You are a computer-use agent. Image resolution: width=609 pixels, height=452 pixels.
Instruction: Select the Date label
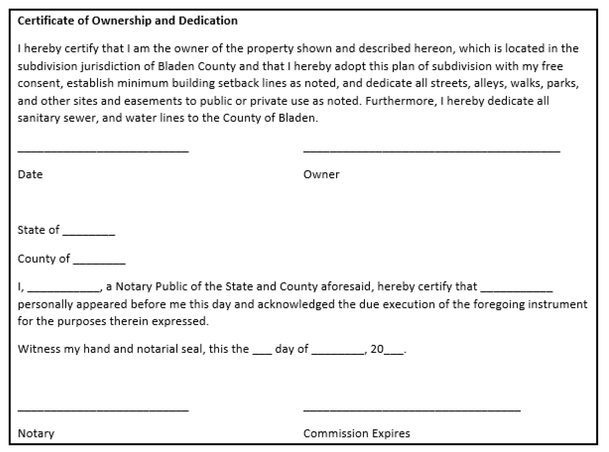coord(30,175)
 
